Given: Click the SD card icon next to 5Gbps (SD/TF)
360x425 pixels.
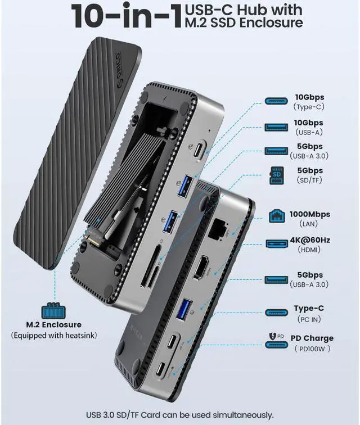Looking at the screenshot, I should pos(277,174).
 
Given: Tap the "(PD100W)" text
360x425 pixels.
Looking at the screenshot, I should pos(312,348).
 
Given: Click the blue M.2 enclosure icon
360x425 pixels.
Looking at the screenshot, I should pos(54,311).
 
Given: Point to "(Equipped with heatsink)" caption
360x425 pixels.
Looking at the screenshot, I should pos(54,336).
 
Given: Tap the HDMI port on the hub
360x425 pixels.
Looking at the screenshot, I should pos(201,268).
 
